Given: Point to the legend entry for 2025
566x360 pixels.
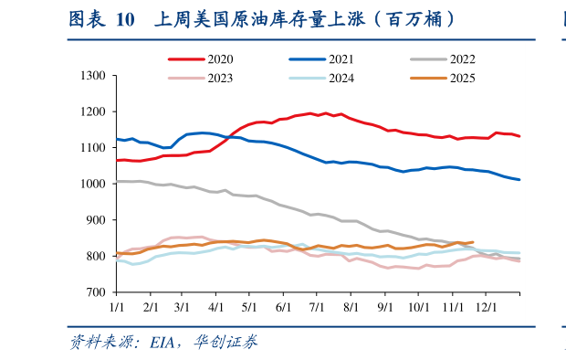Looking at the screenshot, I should click(x=457, y=78).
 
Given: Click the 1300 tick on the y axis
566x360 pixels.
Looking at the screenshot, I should click(x=94, y=75).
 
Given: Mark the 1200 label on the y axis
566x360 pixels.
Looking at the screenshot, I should click(x=94, y=111).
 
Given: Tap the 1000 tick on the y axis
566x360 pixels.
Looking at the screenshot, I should click(x=94, y=184).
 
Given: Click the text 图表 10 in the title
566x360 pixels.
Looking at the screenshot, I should click(x=101, y=19).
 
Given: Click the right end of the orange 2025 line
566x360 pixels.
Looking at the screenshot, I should click(x=472, y=242).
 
